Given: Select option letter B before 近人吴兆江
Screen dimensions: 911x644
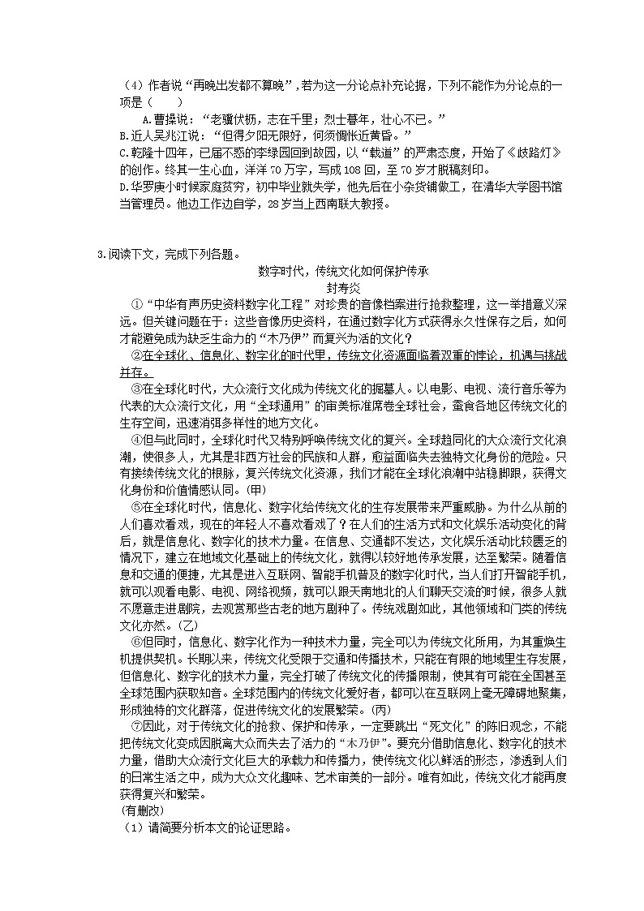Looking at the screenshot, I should pyautogui.click(x=122, y=135).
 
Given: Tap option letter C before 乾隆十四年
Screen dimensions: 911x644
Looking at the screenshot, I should pyautogui.click(x=122, y=152).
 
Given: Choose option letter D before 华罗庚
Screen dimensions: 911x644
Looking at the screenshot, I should pyautogui.click(x=122, y=187).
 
